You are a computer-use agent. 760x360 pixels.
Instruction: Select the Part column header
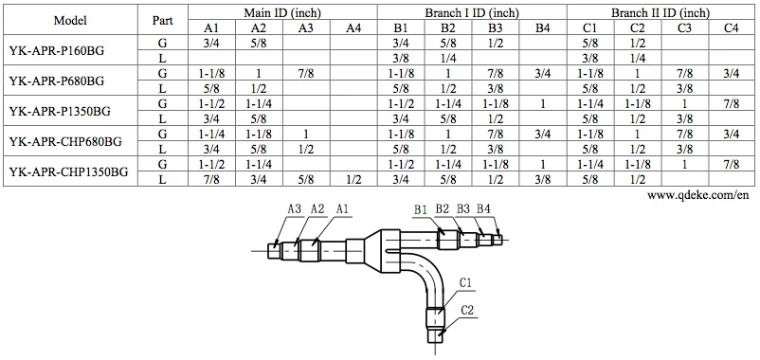tap(162, 20)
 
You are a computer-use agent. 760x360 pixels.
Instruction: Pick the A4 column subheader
tap(353, 27)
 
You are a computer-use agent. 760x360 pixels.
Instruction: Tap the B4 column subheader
tap(542, 27)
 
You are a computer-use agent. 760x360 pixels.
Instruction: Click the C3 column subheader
tap(684, 27)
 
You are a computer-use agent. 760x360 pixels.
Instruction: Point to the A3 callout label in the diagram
tap(293, 208)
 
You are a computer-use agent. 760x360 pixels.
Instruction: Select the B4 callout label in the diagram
tap(483, 208)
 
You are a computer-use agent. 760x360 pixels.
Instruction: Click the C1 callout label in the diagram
tap(466, 282)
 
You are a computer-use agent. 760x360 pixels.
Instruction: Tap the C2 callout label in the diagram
tap(466, 310)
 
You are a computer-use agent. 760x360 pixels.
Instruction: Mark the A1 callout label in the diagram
tap(342, 208)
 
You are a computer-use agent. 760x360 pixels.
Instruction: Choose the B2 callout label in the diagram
tap(443, 208)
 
